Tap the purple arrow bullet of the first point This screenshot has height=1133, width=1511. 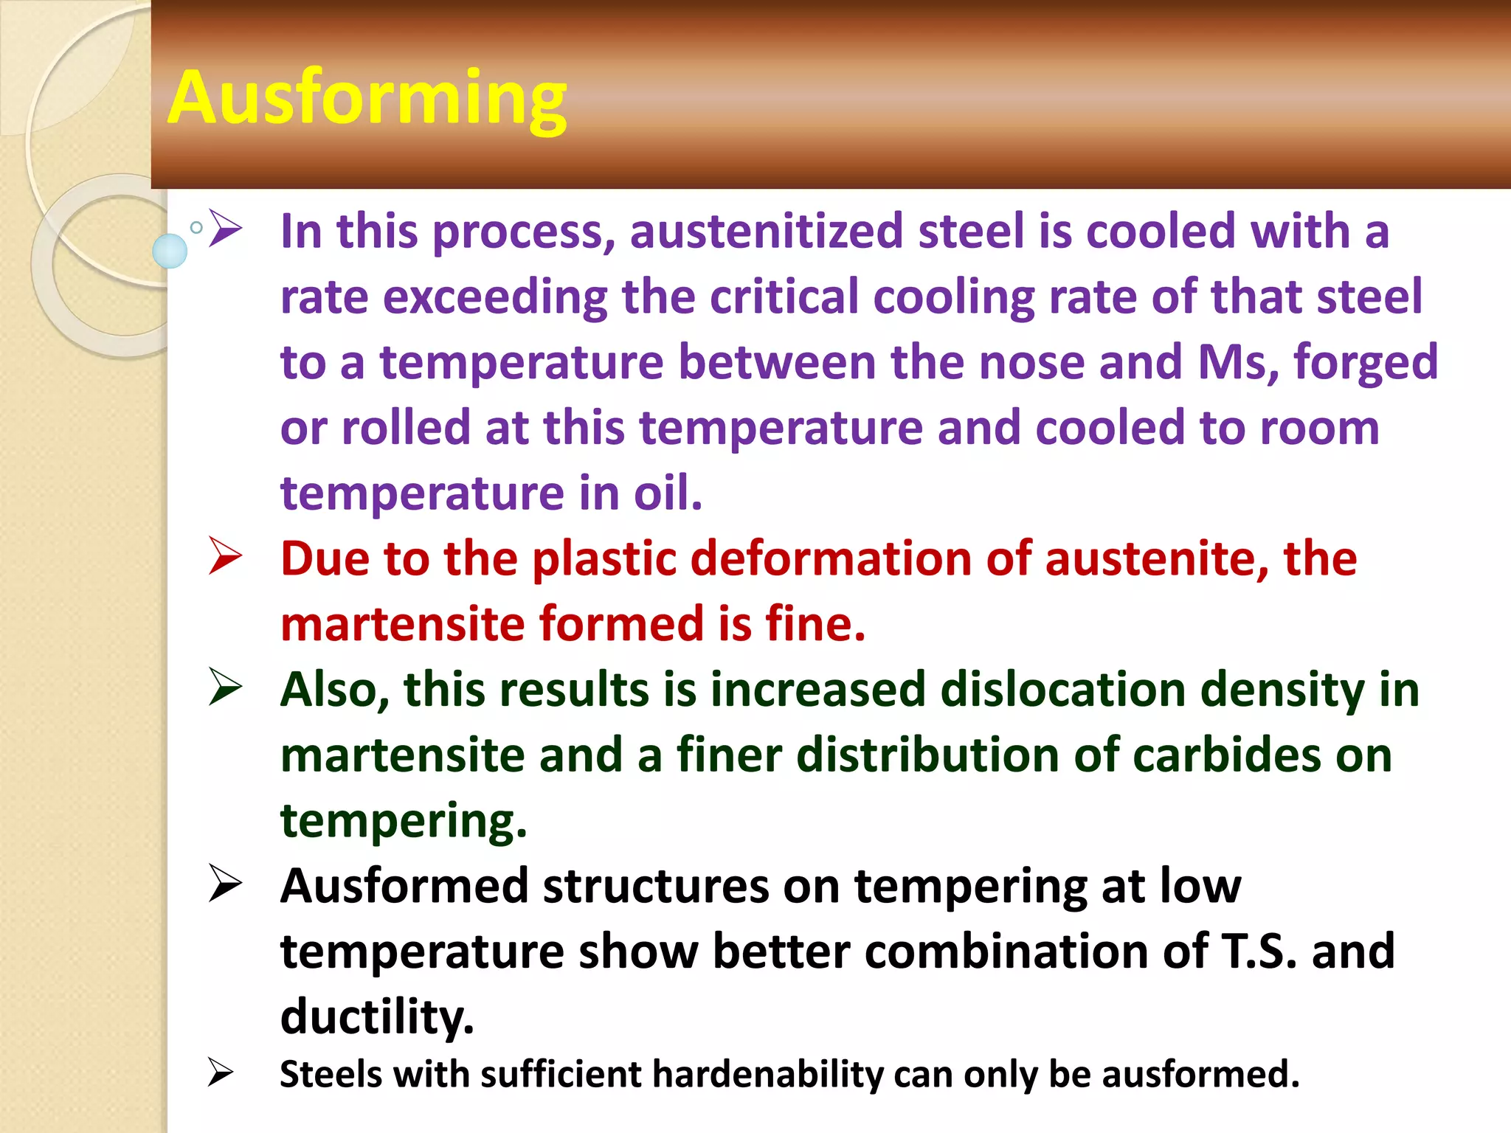[x=225, y=229]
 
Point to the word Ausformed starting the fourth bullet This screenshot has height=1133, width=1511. [x=404, y=886]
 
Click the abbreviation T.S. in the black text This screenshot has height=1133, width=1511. [x=1259, y=952]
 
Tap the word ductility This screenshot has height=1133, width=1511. [x=377, y=1017]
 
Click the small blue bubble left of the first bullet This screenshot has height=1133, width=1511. [x=170, y=251]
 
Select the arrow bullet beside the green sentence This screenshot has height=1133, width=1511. [x=225, y=687]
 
